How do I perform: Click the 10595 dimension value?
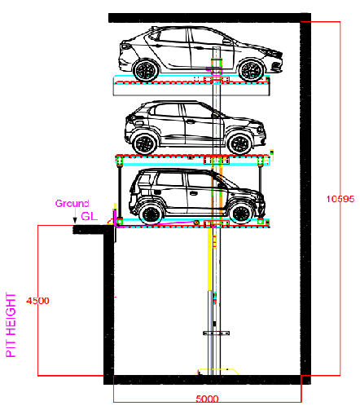(340, 199)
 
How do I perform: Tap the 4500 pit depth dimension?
(37, 301)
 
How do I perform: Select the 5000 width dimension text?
(207, 399)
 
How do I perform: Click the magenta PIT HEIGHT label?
(11, 325)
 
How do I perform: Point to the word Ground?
(72, 204)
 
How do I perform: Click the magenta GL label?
(90, 216)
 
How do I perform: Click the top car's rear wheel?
(146, 70)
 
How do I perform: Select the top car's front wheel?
(251, 70)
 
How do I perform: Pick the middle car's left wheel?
(146, 144)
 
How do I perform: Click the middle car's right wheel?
(239, 144)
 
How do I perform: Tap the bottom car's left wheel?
(151, 214)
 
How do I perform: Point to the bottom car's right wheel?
(241, 214)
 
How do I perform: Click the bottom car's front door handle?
(193, 193)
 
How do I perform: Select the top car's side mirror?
(226, 42)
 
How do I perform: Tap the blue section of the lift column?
(209, 333)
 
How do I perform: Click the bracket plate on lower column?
(217, 333)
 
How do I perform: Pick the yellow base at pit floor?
(217, 372)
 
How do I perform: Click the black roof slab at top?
(209, 18)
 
